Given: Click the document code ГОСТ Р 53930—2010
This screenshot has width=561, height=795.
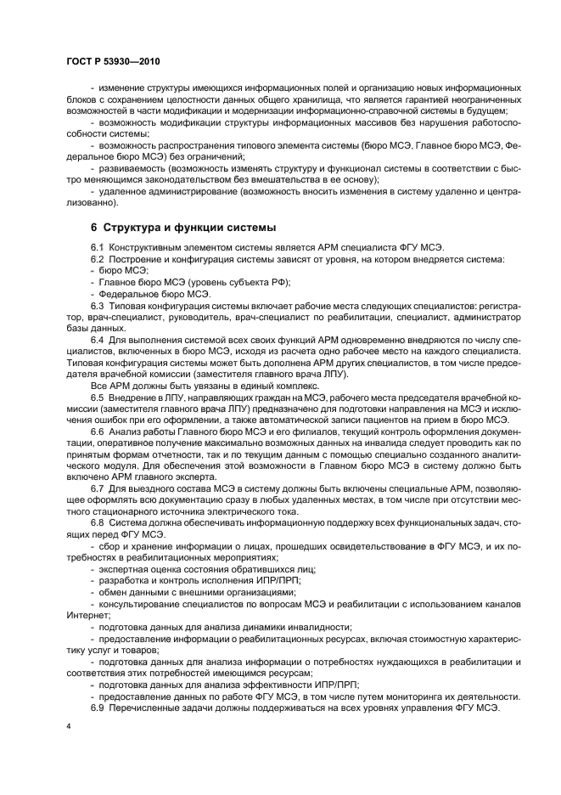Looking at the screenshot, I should (x=113, y=61).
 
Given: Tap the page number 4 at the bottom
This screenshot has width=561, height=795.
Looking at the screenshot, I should (x=68, y=727).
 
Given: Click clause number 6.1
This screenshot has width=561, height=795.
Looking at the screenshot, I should (x=97, y=247).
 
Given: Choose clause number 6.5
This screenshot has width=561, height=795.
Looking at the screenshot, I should (x=97, y=397).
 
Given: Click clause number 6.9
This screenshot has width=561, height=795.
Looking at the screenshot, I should (x=97, y=708).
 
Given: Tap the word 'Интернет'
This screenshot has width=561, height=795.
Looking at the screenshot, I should (x=85, y=616).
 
